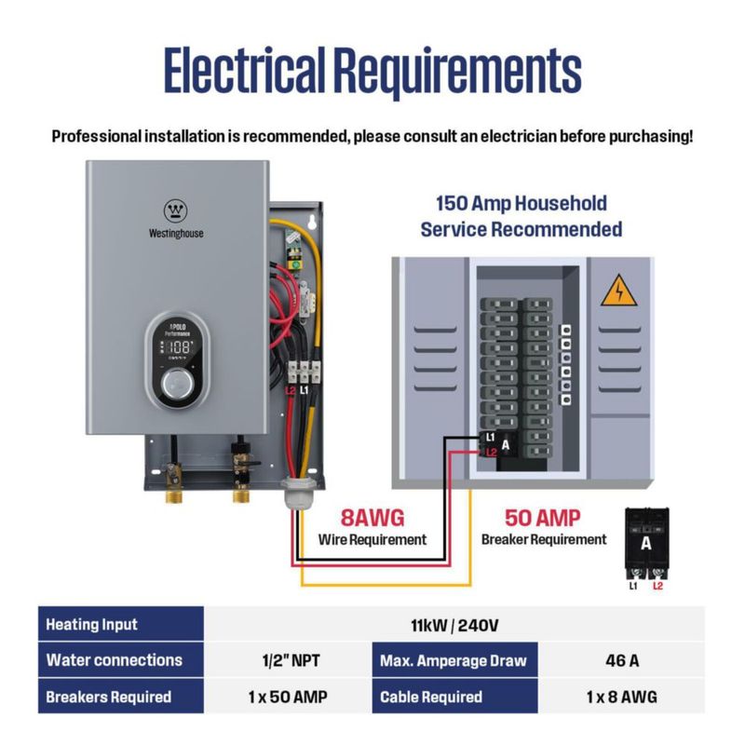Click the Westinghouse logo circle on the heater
[176, 210]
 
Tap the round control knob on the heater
[177, 383]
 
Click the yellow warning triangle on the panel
[618, 291]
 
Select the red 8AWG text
[372, 518]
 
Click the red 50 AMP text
[543, 518]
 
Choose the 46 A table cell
[621, 660]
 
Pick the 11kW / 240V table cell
[454, 625]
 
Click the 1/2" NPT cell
[288, 660]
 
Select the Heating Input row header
[121, 624]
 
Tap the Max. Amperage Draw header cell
[454, 660]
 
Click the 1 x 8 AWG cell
[621, 697]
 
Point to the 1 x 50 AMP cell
[288, 697]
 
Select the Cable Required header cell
[454, 697]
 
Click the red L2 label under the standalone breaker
[657, 586]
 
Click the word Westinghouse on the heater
[176, 234]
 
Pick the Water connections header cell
[121, 660]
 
